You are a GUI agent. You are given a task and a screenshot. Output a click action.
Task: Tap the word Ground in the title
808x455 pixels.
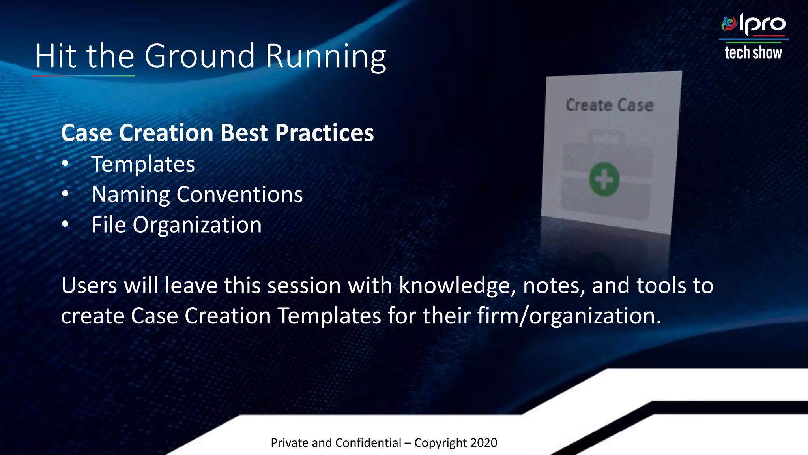click(x=200, y=56)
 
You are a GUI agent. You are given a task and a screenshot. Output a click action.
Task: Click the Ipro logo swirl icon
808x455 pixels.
click(x=729, y=24)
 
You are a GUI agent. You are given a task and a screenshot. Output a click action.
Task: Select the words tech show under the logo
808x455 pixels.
click(x=753, y=53)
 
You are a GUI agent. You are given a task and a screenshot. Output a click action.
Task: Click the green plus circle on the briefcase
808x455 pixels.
click(x=604, y=179)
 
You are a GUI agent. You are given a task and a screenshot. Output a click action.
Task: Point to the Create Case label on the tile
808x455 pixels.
click(x=610, y=105)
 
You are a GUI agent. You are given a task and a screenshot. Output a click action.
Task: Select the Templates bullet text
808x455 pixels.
click(x=143, y=164)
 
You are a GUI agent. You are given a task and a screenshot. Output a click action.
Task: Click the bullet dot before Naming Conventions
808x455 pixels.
click(x=65, y=194)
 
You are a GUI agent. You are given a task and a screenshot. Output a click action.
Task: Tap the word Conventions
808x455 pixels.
click(x=239, y=194)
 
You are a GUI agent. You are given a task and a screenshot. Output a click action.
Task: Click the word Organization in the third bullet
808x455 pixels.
click(x=197, y=225)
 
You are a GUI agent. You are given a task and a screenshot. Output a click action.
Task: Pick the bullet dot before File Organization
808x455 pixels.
click(x=65, y=224)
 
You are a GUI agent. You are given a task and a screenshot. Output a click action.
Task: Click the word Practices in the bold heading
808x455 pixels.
click(x=324, y=133)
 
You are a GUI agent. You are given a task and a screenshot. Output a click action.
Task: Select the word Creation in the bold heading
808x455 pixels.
click(x=166, y=133)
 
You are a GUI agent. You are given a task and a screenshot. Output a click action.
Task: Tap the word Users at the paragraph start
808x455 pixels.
click(x=89, y=285)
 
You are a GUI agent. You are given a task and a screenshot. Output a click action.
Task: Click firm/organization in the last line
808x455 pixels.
click(x=569, y=316)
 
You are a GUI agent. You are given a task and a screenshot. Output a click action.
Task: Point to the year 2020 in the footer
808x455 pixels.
click(x=484, y=443)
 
